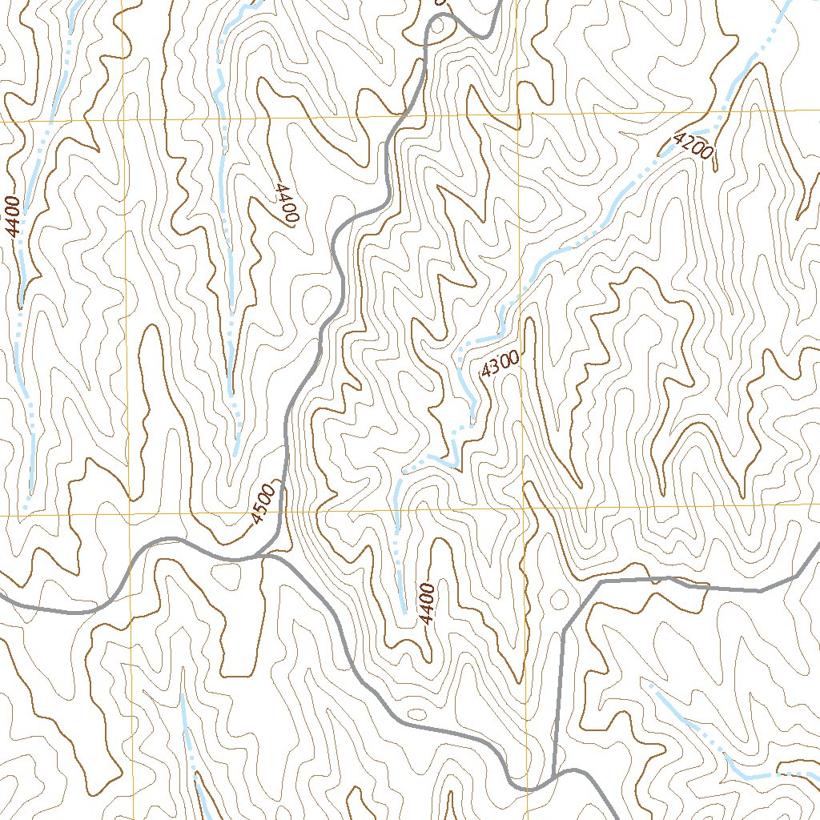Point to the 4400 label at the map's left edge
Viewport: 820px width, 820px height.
point(10,216)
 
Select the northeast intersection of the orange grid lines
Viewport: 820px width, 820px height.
point(519,115)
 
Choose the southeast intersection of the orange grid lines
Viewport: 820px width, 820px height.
point(525,508)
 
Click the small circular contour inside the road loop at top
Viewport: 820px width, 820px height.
point(438,26)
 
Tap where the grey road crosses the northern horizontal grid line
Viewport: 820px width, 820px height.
point(400,116)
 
